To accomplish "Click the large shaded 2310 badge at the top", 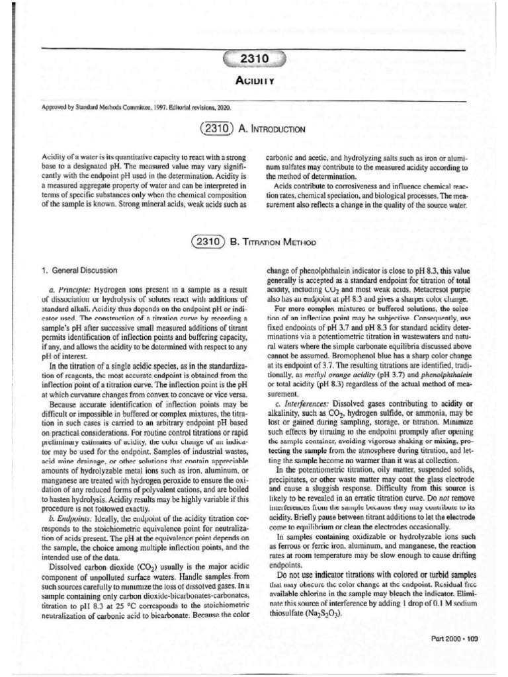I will coord(254,60).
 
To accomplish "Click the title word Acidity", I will coord(255,81).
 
